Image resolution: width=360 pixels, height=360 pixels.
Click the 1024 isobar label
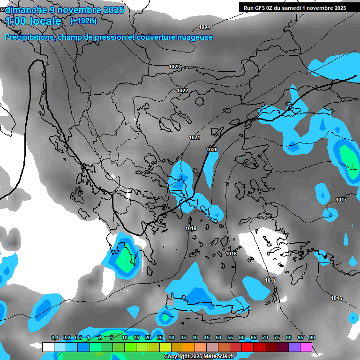[204, 27]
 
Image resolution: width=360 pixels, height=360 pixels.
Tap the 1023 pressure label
[174, 67]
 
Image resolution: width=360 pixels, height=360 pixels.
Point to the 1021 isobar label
[195, 137]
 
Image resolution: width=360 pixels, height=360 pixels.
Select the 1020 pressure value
[212, 150]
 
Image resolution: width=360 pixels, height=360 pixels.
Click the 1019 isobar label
[191, 228]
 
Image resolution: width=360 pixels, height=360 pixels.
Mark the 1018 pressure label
[231, 254]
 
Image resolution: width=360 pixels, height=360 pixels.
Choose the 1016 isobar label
[337, 298]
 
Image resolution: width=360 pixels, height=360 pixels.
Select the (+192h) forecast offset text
[83, 21]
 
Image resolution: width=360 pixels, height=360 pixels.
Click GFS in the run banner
[263, 8]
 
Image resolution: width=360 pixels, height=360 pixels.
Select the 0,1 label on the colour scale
[55, 337]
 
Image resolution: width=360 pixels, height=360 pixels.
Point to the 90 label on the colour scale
[312, 337]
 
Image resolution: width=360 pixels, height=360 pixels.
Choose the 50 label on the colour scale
[218, 337]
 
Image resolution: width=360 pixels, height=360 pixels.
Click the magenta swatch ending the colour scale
[306, 347]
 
